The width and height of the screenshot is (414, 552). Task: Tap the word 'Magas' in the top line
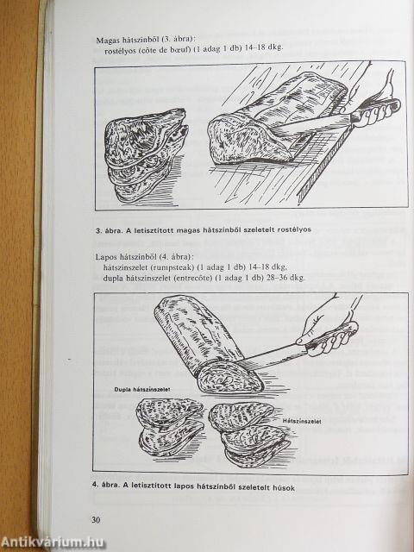pos(109,40)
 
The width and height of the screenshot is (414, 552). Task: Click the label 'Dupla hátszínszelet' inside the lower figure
pos(142,389)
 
